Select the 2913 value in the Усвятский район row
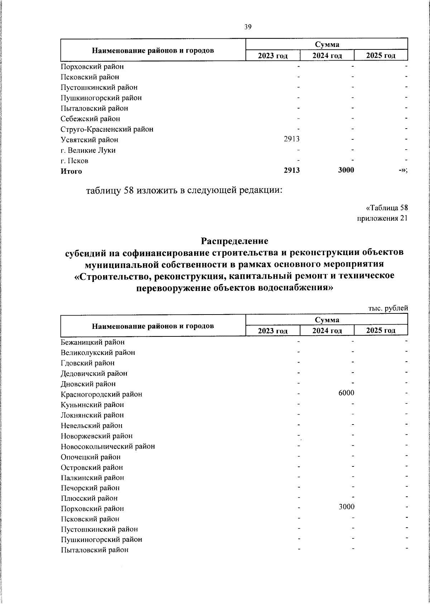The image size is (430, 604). [x=292, y=139]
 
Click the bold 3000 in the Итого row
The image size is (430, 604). [x=346, y=171]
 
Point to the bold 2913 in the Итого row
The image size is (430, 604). [x=292, y=171]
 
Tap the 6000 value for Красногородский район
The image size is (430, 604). [x=346, y=393]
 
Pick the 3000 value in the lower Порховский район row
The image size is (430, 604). [x=346, y=507]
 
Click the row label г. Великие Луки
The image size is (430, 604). [x=88, y=150]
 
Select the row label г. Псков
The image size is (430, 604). [x=75, y=161]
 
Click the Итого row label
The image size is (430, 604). [x=71, y=171]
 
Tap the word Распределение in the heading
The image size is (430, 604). [x=234, y=240]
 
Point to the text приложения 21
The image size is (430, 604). [x=382, y=218]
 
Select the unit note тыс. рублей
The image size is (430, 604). [x=388, y=308]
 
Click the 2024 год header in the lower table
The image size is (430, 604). [x=327, y=331]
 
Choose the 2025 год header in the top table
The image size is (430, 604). [x=381, y=56]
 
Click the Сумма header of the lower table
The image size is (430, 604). [x=327, y=320]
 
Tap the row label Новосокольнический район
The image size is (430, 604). [x=108, y=446]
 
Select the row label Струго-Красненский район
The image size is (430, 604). [x=107, y=129]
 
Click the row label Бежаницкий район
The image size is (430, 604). [x=93, y=342]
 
